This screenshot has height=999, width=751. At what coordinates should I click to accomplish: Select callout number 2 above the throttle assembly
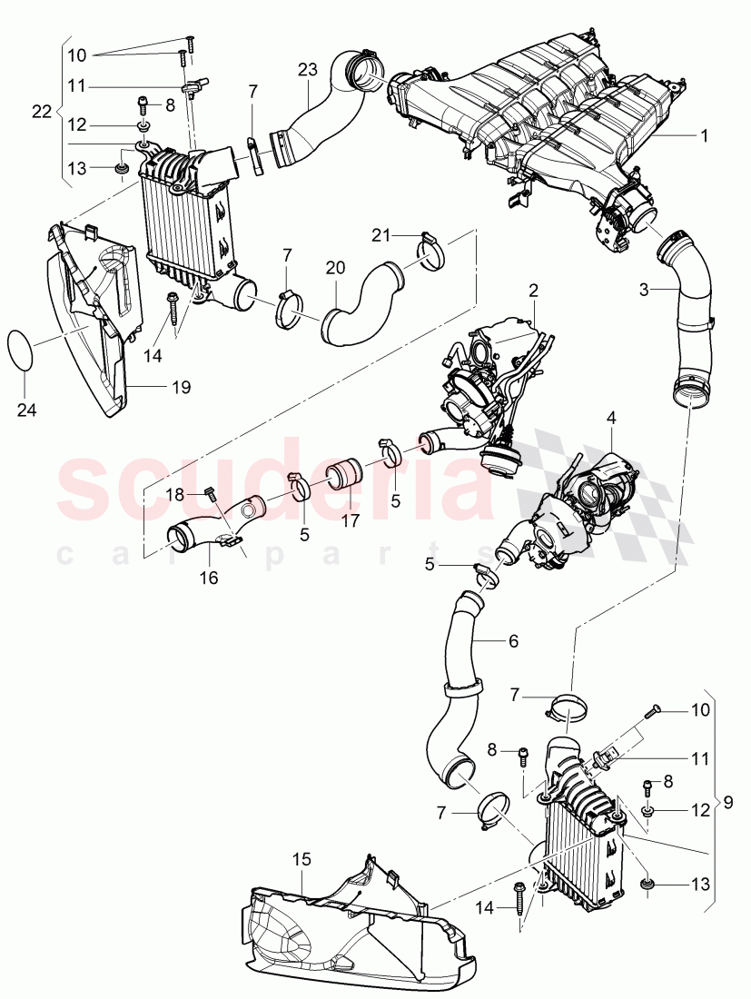534,291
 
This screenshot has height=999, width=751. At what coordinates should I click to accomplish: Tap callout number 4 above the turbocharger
611,418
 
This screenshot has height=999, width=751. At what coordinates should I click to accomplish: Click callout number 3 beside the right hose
644,291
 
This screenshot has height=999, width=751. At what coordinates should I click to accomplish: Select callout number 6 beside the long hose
513,640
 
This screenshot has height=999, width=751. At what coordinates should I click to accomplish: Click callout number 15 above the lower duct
301,858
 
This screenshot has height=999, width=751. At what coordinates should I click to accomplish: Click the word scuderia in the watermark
272,486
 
